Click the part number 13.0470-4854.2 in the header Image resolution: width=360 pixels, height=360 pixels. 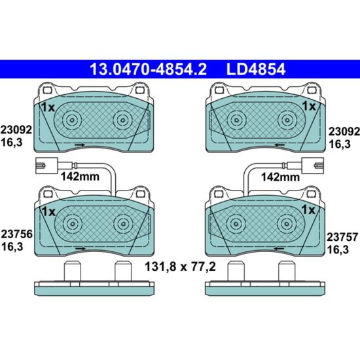148,69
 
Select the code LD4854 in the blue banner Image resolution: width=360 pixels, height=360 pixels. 256,69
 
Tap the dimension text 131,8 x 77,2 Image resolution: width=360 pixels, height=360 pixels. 180,267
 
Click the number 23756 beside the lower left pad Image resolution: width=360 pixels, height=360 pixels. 17,234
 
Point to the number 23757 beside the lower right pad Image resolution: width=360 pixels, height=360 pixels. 342,237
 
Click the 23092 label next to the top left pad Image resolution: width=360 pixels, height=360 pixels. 16,130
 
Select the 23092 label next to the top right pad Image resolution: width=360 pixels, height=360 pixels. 344,132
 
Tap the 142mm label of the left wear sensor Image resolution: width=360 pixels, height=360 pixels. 80,177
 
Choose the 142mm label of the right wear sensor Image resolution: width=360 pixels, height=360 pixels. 280,177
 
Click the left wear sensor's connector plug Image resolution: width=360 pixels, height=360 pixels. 46,166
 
